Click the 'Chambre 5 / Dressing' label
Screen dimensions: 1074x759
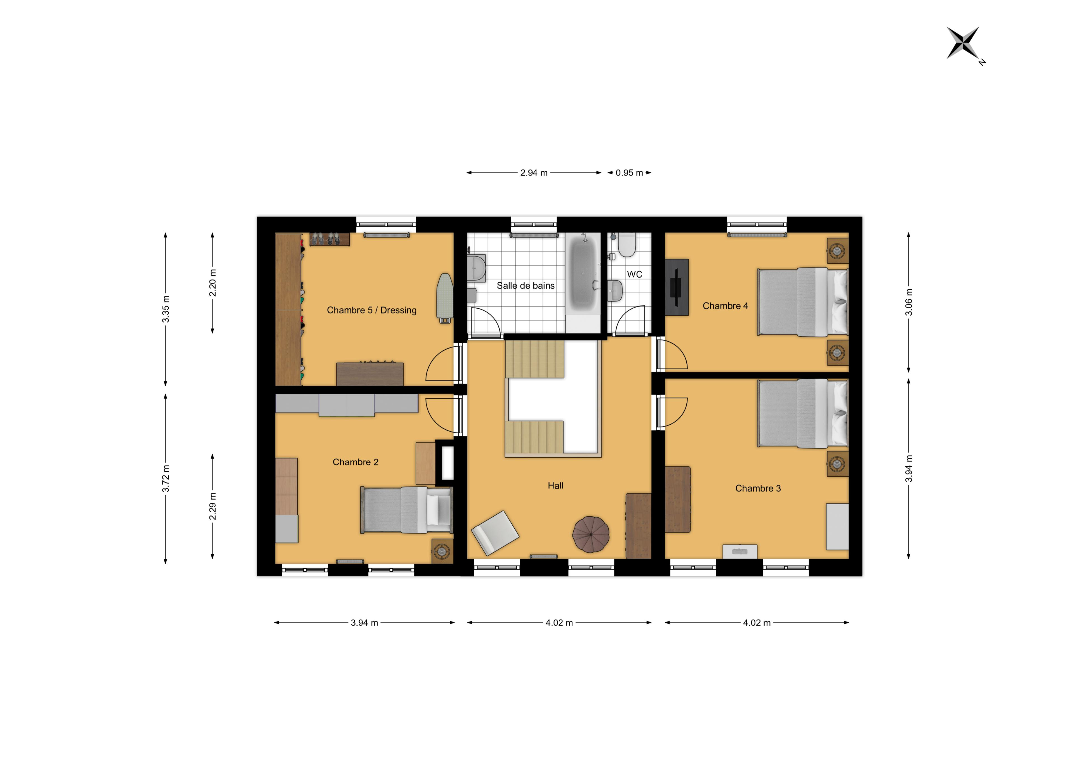[x=371, y=310]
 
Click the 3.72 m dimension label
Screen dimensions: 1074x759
[x=166, y=478]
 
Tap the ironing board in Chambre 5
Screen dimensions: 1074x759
[x=445, y=298]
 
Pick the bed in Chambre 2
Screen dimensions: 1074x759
[x=406, y=510]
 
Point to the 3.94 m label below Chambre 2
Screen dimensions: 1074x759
[x=364, y=623]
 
